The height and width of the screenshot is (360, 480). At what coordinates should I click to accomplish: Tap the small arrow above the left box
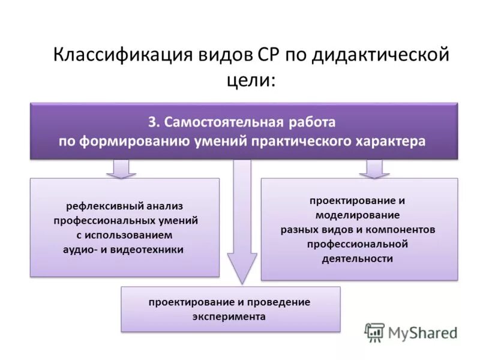[x=121, y=169]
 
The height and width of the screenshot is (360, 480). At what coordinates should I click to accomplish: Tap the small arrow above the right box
[x=374, y=169]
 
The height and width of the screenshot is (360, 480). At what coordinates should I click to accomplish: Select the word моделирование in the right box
[x=358, y=214]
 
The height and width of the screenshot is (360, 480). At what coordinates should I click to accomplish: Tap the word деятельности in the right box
[x=358, y=259]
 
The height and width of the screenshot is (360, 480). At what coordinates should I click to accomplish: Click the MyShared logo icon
[x=374, y=332]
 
